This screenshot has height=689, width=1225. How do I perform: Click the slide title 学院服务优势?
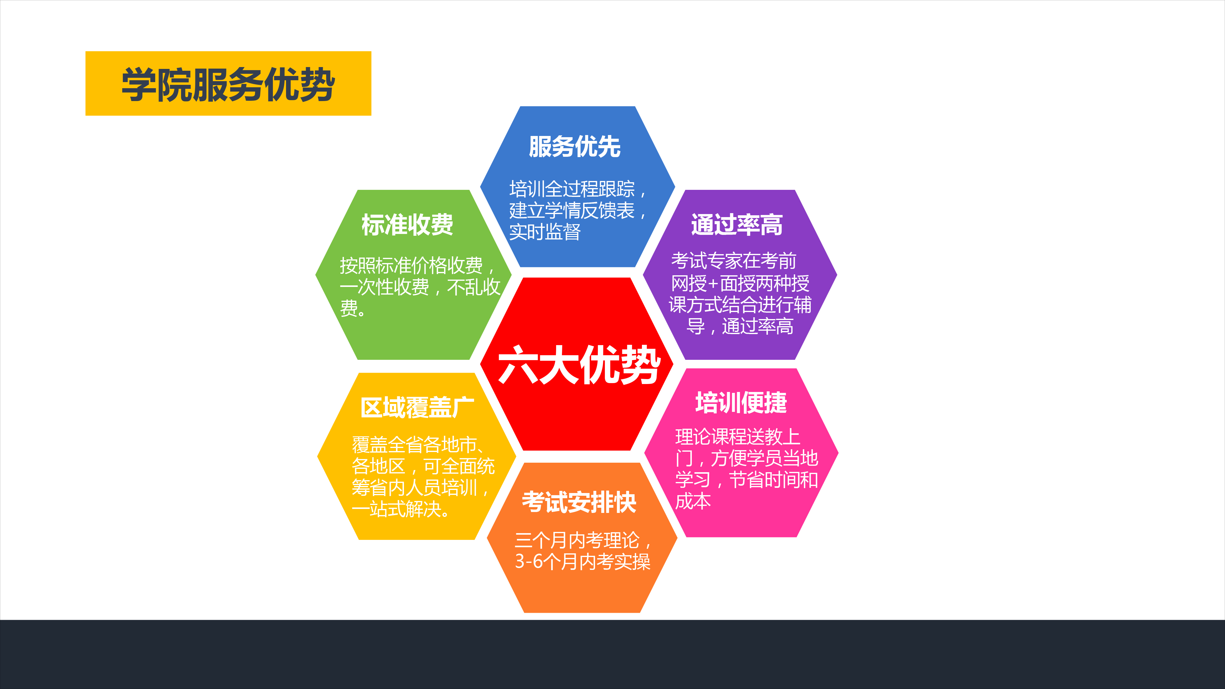pyautogui.click(x=228, y=84)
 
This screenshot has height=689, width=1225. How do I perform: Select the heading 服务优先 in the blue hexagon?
pyautogui.click(x=575, y=146)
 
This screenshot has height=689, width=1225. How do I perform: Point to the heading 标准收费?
pyautogui.click(x=407, y=224)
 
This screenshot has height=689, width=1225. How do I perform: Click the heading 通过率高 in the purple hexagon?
pyautogui.click(x=737, y=224)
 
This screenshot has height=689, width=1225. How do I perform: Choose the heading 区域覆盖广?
pyautogui.click(x=417, y=408)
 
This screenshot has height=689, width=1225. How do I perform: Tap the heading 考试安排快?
pyautogui.click(x=579, y=502)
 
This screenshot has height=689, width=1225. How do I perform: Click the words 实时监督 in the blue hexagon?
pyautogui.click(x=545, y=232)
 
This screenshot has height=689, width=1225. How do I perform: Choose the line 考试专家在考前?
pyautogui.click(x=734, y=261)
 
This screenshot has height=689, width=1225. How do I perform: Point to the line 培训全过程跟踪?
pyautogui.click(x=572, y=189)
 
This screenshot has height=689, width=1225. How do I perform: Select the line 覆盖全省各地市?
pyautogui.click(x=414, y=445)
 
